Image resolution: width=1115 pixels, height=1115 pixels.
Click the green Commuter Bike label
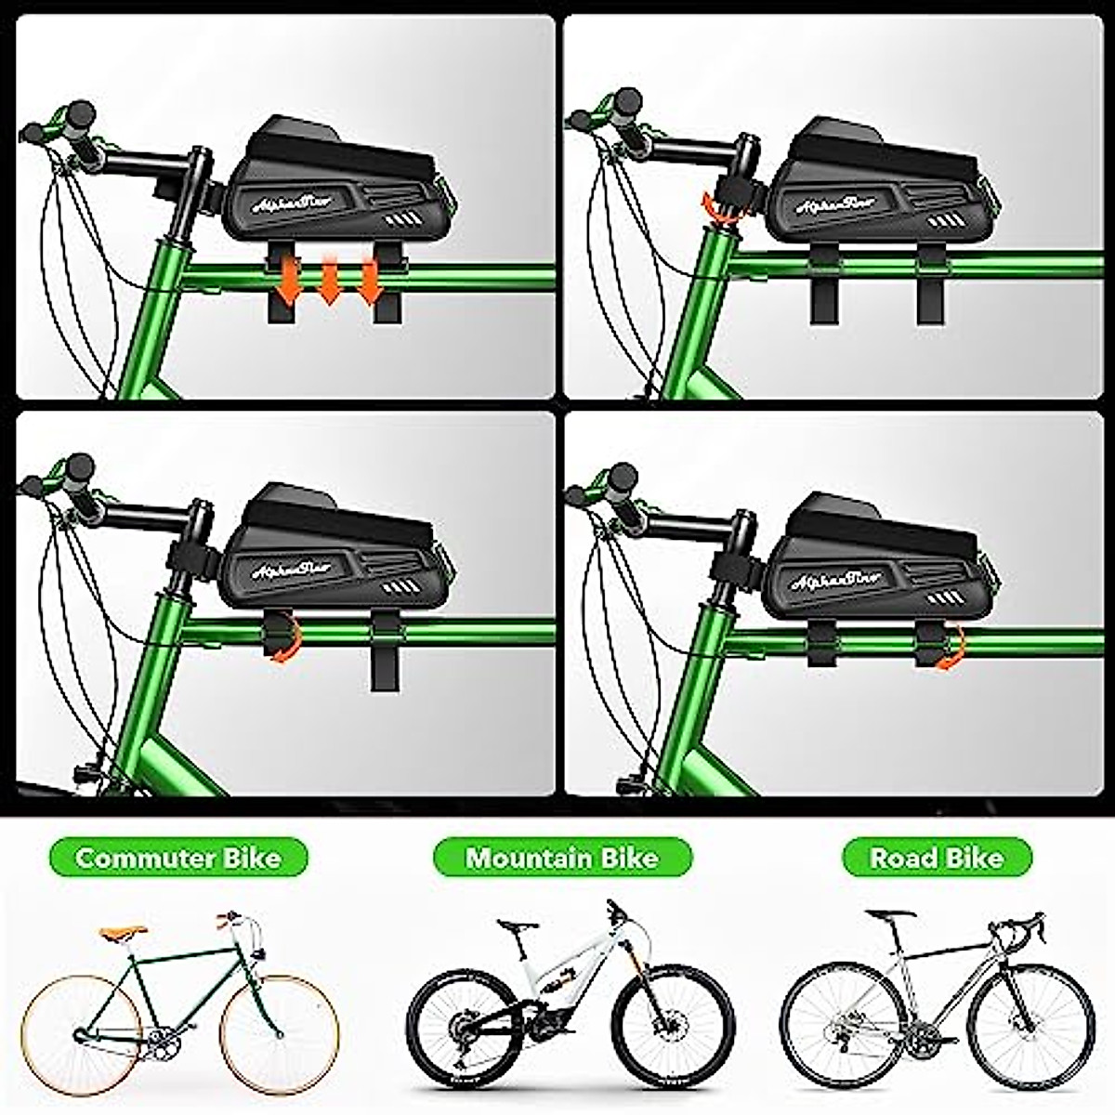[177, 857]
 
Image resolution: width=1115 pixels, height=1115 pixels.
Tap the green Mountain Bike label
[562, 857]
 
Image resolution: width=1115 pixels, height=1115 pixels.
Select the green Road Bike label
[937, 857]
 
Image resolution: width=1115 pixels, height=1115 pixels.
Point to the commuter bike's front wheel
[279, 1034]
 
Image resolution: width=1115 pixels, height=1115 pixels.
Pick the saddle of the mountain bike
[517, 925]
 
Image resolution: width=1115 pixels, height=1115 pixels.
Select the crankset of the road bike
[920, 1034]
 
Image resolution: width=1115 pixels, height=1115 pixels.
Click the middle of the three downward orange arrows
[329, 282]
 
